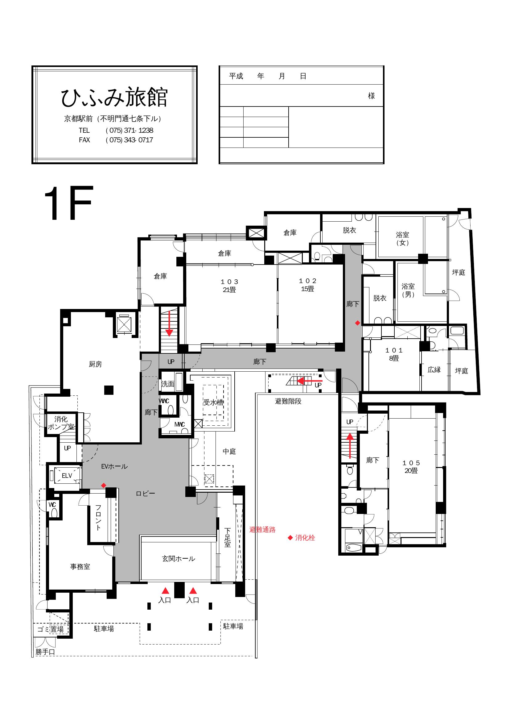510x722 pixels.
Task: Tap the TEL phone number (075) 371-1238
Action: point(130,130)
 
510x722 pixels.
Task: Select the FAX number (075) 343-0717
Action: point(130,140)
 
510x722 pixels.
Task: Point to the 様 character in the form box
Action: point(372,96)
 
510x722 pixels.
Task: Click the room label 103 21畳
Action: point(229,286)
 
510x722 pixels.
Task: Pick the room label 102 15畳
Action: point(307,285)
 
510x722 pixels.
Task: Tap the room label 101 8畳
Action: point(394,354)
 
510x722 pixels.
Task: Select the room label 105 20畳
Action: point(411,467)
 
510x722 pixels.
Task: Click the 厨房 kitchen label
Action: point(96,364)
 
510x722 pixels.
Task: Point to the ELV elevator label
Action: point(67,476)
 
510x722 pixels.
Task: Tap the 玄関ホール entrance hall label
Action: point(178,559)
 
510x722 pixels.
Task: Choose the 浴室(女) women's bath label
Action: point(403,238)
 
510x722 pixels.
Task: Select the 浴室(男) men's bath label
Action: point(408,290)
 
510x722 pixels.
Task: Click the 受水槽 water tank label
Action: point(214,402)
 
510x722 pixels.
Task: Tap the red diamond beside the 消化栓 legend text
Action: point(290,538)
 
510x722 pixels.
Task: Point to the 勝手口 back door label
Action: point(45,652)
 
